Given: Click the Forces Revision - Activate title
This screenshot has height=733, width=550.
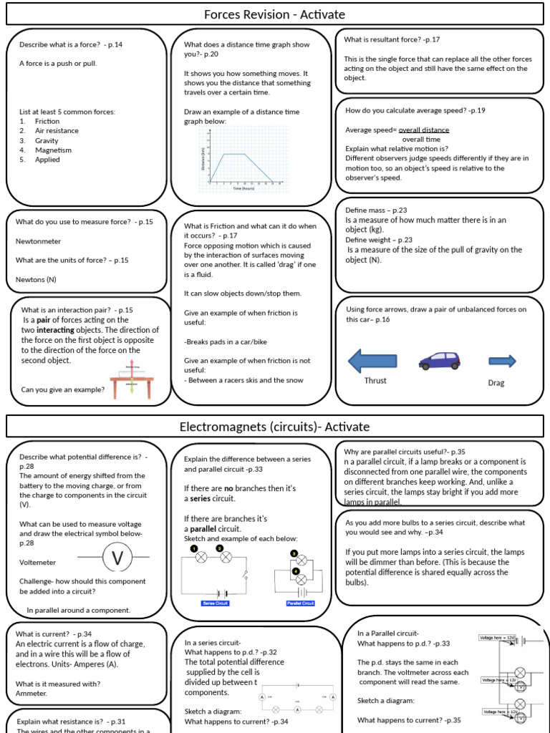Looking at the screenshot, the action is pos(274,14).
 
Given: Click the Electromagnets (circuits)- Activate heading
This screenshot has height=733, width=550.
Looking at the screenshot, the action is pos(274,427).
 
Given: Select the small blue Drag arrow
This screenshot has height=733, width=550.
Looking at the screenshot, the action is pos(502,361).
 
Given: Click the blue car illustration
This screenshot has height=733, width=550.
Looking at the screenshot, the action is pos(440,361).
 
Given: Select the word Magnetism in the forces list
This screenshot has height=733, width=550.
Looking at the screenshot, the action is pos(53,150).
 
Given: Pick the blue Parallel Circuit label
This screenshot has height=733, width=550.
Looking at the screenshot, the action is pos(300,603).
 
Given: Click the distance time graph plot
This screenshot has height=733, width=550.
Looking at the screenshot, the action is pos(241,160).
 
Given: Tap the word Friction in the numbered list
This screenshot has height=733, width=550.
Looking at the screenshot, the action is pos(47,121).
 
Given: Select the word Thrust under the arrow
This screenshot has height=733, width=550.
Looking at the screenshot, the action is pos(375,381).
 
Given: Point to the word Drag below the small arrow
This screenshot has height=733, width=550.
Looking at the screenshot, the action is pos(496,383).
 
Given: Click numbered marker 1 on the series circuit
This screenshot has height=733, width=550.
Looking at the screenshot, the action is pos(193,548).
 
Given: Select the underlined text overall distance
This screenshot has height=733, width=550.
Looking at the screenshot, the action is pos(424,130).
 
